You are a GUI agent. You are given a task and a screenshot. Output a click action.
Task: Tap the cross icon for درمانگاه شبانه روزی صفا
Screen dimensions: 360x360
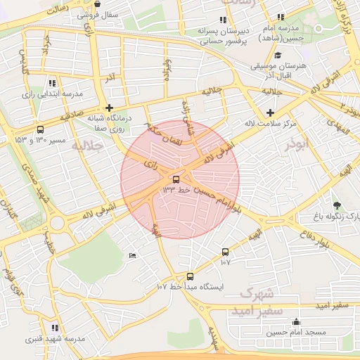(x=109, y=108)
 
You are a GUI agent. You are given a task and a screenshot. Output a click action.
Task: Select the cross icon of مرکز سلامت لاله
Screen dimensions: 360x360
(x=270, y=112)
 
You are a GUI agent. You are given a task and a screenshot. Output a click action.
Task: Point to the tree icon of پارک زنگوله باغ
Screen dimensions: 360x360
(x=337, y=205)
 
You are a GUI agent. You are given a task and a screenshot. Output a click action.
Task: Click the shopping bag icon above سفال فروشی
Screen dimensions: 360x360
(x=86, y=4)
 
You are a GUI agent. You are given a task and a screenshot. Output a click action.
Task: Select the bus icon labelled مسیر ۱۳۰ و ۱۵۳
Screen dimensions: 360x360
(x=40, y=129)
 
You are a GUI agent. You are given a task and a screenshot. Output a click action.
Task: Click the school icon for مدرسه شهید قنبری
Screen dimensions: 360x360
(x=55, y=328)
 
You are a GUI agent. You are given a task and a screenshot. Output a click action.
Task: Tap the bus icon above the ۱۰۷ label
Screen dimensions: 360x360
(x=225, y=252)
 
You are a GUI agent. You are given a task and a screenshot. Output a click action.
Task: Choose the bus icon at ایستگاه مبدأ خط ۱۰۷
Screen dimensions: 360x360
(x=190, y=276)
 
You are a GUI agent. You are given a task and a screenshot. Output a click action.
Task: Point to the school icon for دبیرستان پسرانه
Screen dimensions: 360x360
(x=223, y=20)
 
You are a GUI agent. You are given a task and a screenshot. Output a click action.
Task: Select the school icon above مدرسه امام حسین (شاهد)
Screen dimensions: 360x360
(x=281, y=17)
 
